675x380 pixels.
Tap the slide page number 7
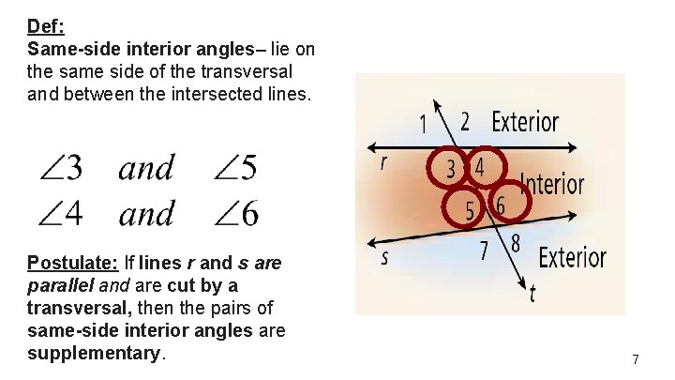click(636, 359)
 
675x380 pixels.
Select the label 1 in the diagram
click(423, 124)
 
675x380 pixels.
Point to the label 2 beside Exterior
click(465, 122)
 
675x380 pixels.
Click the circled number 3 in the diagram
click(451, 169)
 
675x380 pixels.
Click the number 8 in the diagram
click(515, 244)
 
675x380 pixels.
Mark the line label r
click(383, 162)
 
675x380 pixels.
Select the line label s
click(384, 257)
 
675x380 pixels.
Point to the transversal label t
click(532, 293)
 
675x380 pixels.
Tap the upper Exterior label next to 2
click(525, 122)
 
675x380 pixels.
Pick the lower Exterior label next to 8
click(572, 256)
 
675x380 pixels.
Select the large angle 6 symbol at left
click(237, 214)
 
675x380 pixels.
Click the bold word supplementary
click(95, 354)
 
